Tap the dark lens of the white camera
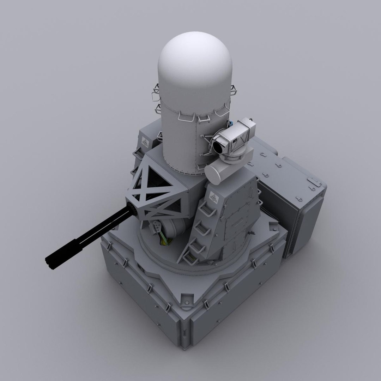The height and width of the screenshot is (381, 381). [216, 145]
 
